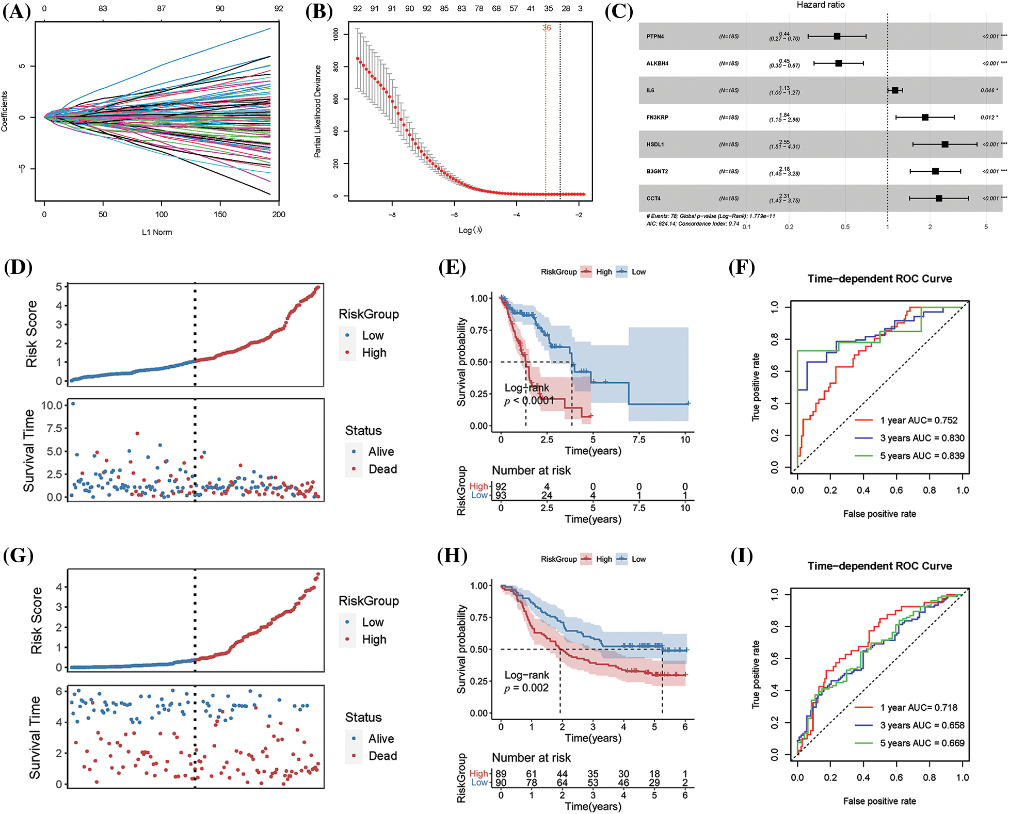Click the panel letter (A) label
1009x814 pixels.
(17, 11)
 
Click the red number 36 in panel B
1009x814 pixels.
(547, 28)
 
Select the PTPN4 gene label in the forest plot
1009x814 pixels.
(655, 37)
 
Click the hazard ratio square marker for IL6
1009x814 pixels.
(895, 90)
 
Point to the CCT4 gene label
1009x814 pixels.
(653, 199)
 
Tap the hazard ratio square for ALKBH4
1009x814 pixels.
(839, 63)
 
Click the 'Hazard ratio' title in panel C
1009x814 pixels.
(821, 5)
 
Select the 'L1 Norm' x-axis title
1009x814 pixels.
(157, 232)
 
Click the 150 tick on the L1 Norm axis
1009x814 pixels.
(220, 215)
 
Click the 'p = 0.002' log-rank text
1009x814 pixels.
(526, 688)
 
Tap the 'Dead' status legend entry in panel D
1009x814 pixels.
(382, 469)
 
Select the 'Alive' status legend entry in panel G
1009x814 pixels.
(381, 739)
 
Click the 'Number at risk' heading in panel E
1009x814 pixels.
(531, 470)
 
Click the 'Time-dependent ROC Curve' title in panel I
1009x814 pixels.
(879, 566)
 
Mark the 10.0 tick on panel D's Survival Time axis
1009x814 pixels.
(52, 405)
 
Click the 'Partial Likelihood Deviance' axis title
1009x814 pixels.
(318, 111)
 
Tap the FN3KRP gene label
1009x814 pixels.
(657, 118)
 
